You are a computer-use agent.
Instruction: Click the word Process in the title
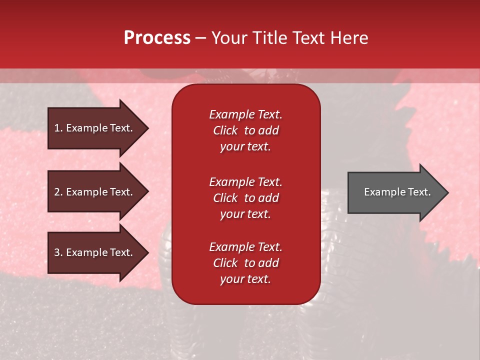[157, 38]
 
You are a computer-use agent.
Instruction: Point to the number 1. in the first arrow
[58, 128]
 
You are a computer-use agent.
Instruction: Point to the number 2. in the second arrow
[58, 192]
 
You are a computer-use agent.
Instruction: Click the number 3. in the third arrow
[58, 253]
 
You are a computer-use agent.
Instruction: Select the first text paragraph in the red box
[245, 130]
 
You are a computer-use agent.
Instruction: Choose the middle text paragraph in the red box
[245, 198]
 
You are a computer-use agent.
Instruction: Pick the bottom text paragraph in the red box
[245, 263]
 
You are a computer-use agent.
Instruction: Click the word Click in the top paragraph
[225, 130]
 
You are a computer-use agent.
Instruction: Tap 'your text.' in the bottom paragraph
[245, 279]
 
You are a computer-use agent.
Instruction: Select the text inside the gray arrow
[397, 192]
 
